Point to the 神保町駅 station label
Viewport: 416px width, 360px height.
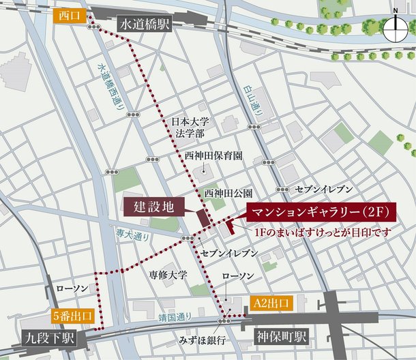click(281, 337)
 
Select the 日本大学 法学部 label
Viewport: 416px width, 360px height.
click(190, 127)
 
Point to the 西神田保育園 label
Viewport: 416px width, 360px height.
click(213, 156)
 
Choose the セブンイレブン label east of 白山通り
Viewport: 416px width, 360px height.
click(323, 187)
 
